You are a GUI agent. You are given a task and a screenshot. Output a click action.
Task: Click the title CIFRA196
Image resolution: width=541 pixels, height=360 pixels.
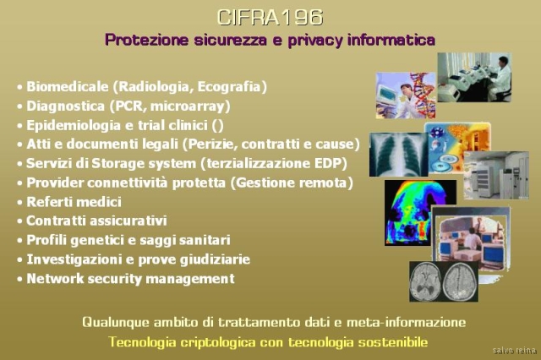270,17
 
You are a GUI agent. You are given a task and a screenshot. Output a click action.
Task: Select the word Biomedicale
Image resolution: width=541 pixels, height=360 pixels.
68,86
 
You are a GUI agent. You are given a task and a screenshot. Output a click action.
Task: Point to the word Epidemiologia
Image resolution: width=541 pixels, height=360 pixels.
74,126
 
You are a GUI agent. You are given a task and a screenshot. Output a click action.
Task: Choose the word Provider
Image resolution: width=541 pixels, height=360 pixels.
54,183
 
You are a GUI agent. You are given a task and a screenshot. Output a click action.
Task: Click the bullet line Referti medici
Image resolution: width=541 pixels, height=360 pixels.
74,202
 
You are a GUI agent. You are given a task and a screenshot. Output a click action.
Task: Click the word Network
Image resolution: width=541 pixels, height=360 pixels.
55,279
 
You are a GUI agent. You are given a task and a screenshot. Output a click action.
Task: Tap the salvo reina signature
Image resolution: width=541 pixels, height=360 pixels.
515,351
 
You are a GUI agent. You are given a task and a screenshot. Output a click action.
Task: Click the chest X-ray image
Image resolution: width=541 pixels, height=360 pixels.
398,155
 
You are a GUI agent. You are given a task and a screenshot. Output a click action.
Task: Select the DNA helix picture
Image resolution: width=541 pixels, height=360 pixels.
406,95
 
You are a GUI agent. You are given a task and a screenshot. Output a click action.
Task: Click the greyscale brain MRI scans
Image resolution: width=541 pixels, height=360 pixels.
444,281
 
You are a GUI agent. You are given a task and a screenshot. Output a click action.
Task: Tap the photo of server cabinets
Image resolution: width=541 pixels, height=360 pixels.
496,175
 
